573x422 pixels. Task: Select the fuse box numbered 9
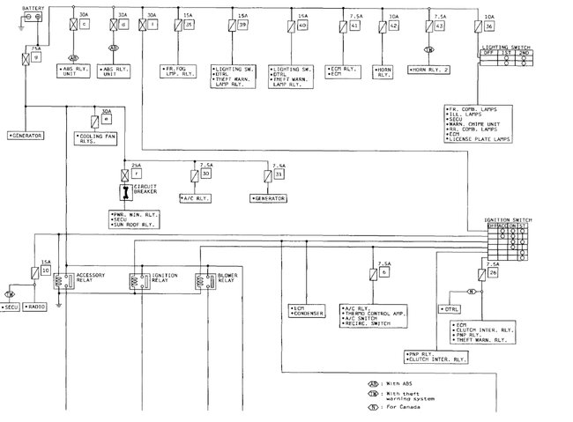click(x=36, y=58)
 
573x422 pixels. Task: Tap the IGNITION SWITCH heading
click(x=507, y=218)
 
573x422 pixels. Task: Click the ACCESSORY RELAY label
click(x=93, y=280)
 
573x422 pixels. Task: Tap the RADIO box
click(x=37, y=308)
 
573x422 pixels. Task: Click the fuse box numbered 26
click(x=491, y=272)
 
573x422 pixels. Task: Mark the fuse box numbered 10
click(x=45, y=271)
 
